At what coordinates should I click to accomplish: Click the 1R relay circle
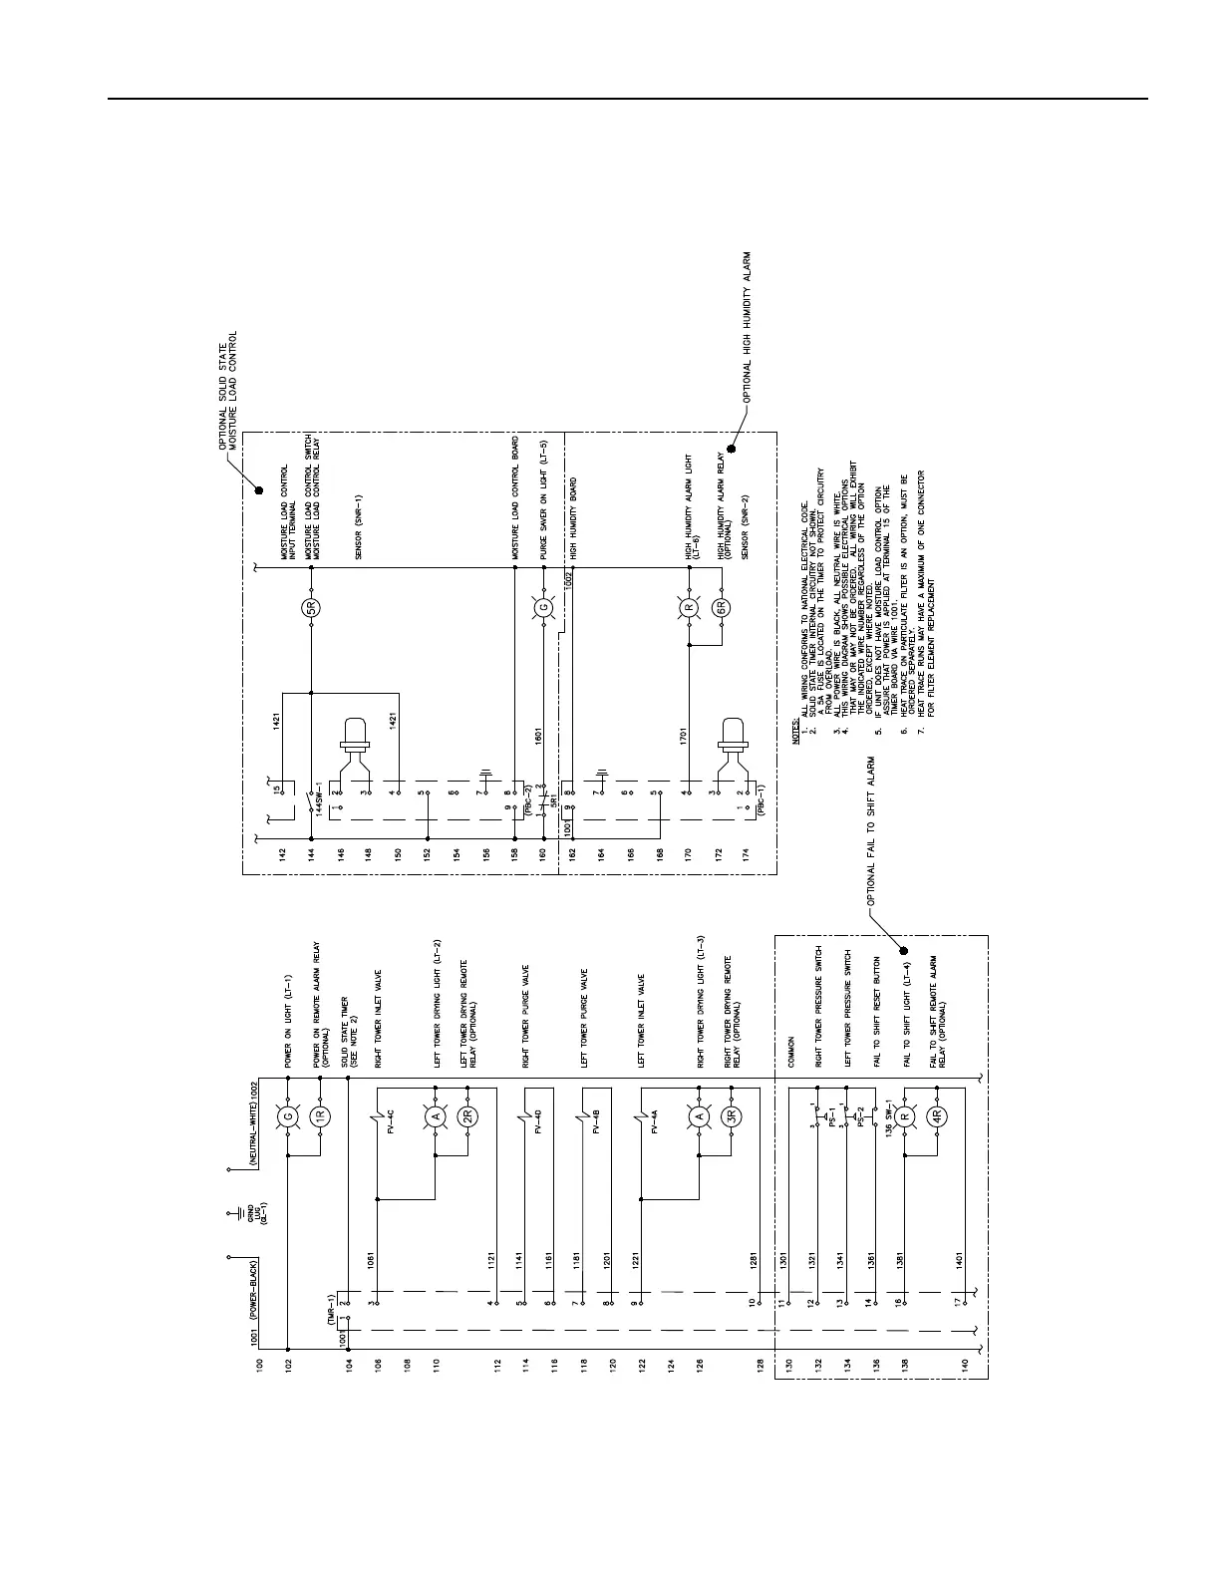[320, 1117]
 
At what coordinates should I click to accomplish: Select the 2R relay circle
[467, 1117]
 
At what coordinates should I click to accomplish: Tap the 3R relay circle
[731, 1117]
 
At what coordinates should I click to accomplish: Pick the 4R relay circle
[936, 1117]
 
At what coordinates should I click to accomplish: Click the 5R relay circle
[311, 607]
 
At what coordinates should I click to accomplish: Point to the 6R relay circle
[722, 607]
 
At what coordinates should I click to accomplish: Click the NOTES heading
[796, 731]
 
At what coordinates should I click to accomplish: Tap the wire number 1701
[686, 737]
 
